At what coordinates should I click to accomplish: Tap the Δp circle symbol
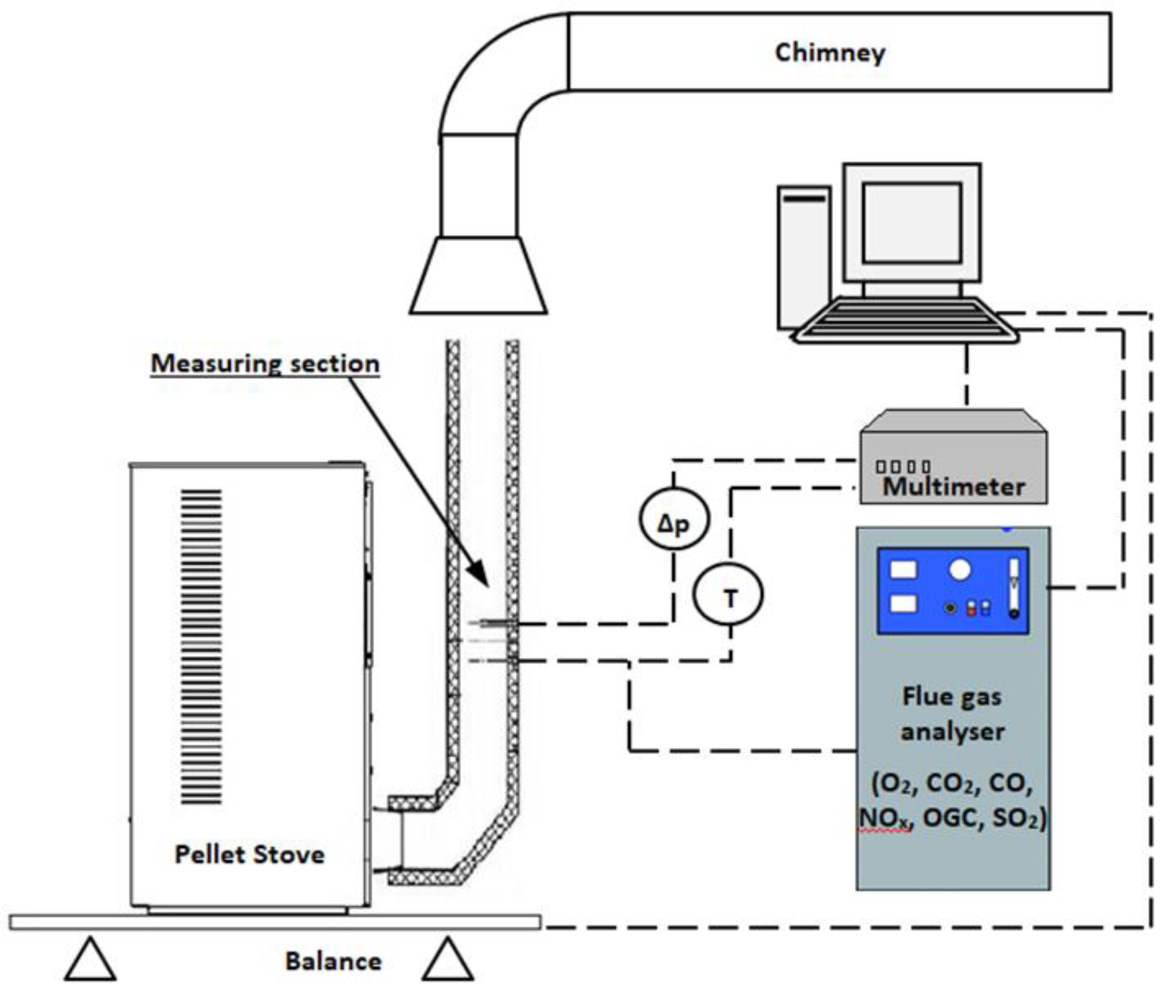[673, 518]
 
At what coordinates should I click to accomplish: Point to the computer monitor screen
[911, 222]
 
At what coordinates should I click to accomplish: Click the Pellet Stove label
[249, 854]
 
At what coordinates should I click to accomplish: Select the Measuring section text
[265, 364]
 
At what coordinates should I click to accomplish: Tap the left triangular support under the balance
[90, 960]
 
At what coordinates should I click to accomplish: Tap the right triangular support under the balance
[448, 960]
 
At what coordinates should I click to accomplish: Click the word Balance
[333, 961]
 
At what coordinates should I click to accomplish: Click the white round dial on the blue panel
[959, 569]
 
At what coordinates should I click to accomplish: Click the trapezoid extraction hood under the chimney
[478, 276]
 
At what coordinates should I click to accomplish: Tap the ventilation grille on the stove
[201, 646]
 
